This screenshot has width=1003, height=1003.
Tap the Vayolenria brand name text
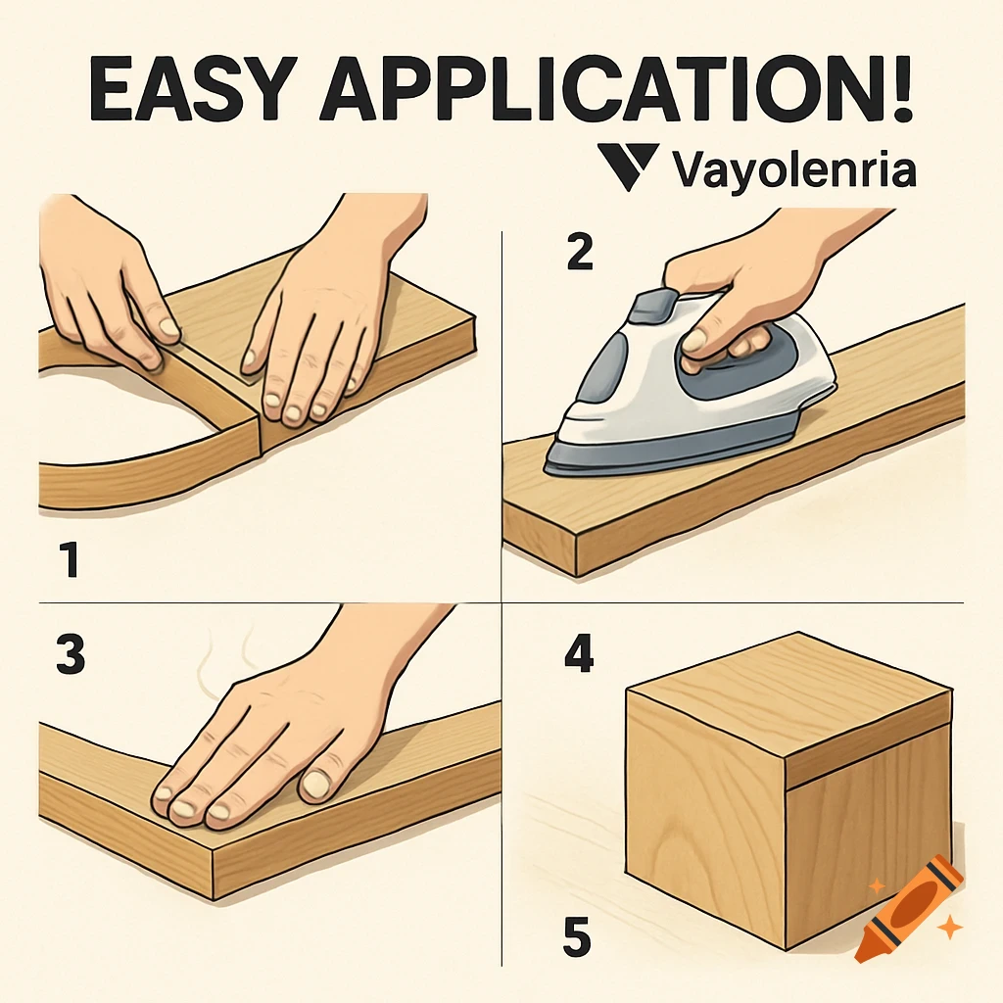pyautogui.click(x=794, y=169)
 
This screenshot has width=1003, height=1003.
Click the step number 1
pyautogui.click(x=66, y=562)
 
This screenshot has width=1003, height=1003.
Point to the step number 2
pyautogui.click(x=579, y=254)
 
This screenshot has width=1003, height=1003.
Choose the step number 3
pyautogui.click(x=70, y=655)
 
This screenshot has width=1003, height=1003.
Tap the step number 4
pyautogui.click(x=578, y=655)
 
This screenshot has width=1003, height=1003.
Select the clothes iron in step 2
pyautogui.click(x=686, y=392)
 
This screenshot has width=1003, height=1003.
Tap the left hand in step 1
pyautogui.click(x=108, y=284)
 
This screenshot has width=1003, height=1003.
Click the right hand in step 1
pyautogui.click(x=323, y=323)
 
